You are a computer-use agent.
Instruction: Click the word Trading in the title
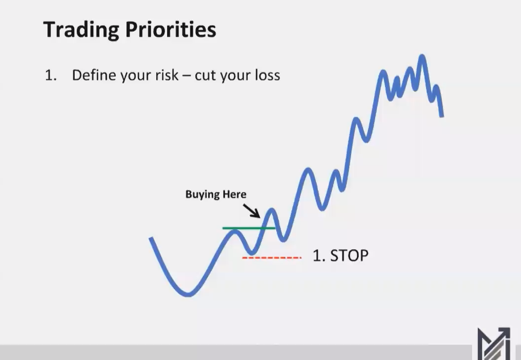(x=80, y=30)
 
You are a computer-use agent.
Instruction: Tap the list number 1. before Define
(x=51, y=76)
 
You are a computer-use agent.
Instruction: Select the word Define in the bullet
(x=94, y=75)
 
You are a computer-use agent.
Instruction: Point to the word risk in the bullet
(x=166, y=75)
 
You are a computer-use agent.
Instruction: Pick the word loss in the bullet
(x=266, y=75)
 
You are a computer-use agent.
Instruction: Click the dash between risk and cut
(x=186, y=76)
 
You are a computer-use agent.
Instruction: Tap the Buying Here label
(x=216, y=194)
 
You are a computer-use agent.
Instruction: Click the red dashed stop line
(x=271, y=258)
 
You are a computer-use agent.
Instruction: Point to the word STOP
(x=349, y=256)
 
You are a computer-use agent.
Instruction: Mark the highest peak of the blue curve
(x=422, y=57)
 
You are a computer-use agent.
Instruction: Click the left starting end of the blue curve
(x=151, y=239)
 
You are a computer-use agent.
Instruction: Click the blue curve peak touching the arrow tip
(x=270, y=211)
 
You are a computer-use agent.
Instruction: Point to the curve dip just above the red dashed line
(x=252, y=252)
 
